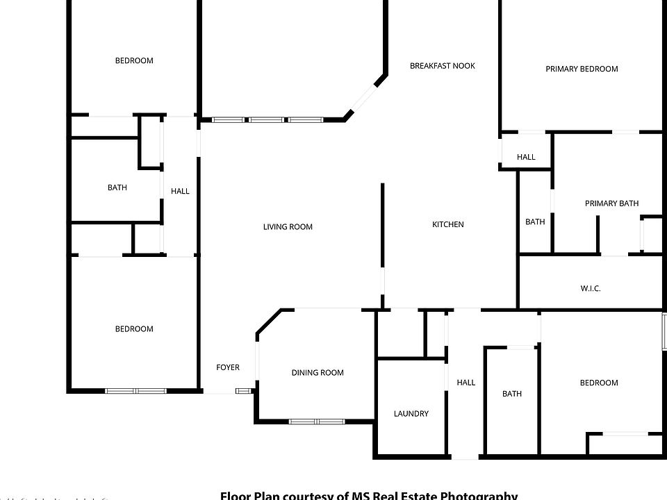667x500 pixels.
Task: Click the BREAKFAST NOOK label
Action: (443, 66)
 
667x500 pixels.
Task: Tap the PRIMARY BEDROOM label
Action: (582, 69)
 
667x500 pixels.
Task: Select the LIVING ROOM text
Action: (288, 227)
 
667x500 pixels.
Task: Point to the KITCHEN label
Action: (448, 224)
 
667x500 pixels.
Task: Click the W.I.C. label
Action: (591, 288)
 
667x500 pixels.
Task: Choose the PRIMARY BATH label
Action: (611, 203)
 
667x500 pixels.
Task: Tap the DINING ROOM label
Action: (318, 373)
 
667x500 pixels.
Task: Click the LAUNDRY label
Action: (411, 414)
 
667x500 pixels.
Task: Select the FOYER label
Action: (228, 367)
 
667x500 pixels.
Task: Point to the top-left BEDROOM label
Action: (134, 60)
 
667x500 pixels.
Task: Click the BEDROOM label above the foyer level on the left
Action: (134, 329)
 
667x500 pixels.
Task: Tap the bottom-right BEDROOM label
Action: (599, 383)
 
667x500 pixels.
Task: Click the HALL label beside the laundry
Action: (466, 383)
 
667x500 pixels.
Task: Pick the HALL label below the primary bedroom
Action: (526, 157)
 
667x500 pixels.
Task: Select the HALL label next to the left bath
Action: (180, 191)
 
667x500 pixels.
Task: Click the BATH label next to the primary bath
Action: (535, 222)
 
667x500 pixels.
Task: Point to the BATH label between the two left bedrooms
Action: (117, 187)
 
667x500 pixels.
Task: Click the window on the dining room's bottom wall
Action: (317, 421)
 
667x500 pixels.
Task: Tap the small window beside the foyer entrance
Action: (244, 391)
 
